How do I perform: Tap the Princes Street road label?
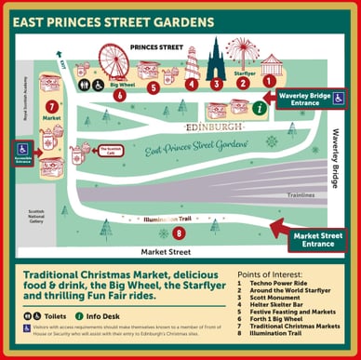[155, 46]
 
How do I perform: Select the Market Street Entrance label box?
[315, 239]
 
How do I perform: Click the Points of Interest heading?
[274, 276]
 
